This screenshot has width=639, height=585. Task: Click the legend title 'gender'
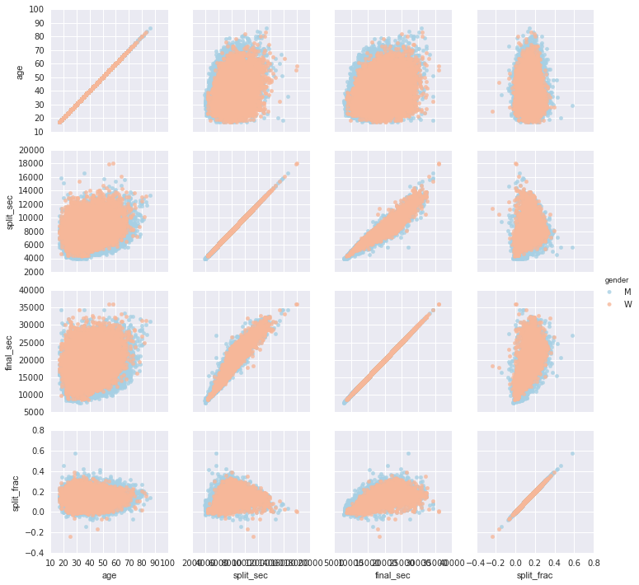[617, 280]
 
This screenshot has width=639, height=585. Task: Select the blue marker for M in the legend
[608, 292]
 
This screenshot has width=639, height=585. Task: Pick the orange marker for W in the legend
[608, 304]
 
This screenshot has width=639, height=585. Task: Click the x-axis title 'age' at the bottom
[109, 576]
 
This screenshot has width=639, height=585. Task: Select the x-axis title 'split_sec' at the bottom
[251, 576]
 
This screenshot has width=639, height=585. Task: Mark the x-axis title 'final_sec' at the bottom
[392, 576]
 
